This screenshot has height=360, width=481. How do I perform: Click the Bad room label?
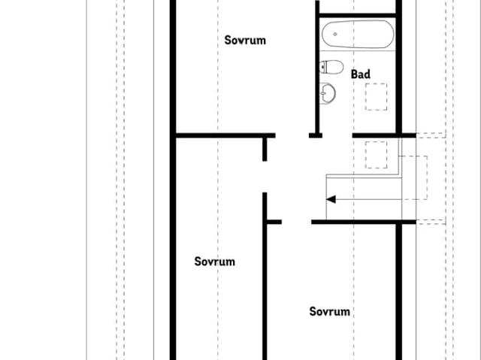[x=361, y=74]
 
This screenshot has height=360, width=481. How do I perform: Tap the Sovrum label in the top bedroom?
[x=245, y=40]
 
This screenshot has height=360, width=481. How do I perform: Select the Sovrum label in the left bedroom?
[x=215, y=262]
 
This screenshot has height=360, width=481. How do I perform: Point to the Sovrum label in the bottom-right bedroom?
[x=330, y=311]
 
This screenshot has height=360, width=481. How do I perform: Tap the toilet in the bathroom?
[x=331, y=67]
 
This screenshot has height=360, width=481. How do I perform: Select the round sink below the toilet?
[x=328, y=93]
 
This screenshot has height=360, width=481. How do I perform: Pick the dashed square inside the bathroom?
[x=376, y=96]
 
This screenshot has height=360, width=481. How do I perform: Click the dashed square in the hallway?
[x=376, y=154]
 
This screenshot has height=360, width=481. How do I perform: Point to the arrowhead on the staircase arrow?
[x=331, y=199]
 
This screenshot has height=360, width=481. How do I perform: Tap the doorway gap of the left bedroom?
[x=265, y=177]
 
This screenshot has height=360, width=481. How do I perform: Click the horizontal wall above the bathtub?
[x=357, y=13]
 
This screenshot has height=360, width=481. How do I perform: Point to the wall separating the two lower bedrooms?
[x=265, y=293]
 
